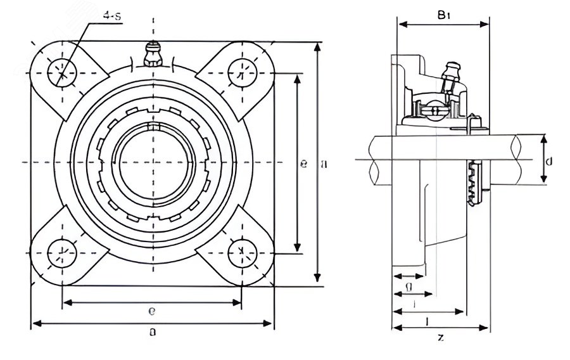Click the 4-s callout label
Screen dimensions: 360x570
pos(113,15)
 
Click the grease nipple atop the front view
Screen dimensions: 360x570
pos(152,54)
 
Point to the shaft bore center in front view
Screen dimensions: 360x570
pos(152,161)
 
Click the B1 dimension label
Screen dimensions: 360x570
pos(443,15)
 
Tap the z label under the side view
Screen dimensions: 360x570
pos(441,338)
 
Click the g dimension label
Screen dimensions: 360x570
pos(409,288)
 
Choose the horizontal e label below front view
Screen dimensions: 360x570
pos(152,311)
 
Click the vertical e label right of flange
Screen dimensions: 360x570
pos(304,164)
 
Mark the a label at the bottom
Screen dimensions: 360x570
pos(152,331)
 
